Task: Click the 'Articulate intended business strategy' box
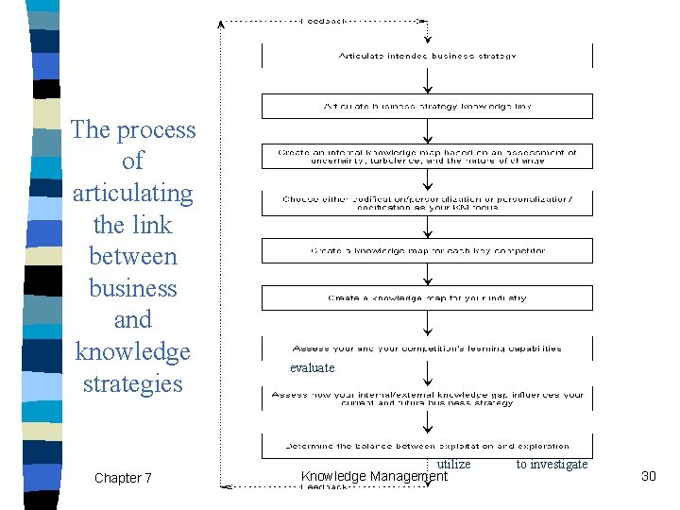(x=427, y=57)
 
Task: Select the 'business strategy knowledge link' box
(x=427, y=106)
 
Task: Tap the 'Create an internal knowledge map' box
(x=427, y=156)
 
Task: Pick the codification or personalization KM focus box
(x=427, y=202)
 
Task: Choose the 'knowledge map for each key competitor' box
(x=427, y=251)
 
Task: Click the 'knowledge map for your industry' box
(x=427, y=298)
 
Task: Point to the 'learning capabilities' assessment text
(x=427, y=348)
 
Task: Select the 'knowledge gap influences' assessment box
(x=427, y=399)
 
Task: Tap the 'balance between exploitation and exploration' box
(x=427, y=446)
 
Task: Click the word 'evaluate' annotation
(x=312, y=367)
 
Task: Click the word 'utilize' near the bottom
(x=453, y=464)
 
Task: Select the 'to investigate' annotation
(x=552, y=464)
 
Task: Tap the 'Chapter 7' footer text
(x=123, y=478)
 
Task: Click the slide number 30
(x=648, y=476)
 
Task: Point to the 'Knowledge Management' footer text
(x=373, y=477)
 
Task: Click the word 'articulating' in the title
(x=132, y=193)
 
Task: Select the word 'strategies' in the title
(x=132, y=383)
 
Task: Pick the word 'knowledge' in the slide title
(x=132, y=351)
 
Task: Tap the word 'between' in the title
(x=132, y=256)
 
